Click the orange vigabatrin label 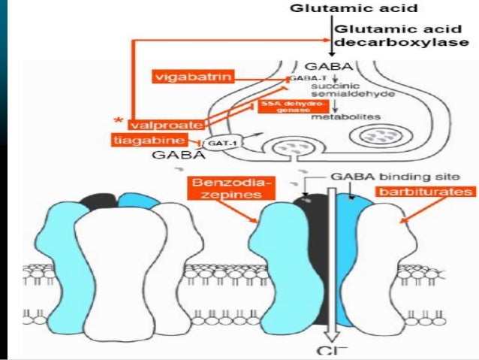pyautogui.click(x=190, y=77)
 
